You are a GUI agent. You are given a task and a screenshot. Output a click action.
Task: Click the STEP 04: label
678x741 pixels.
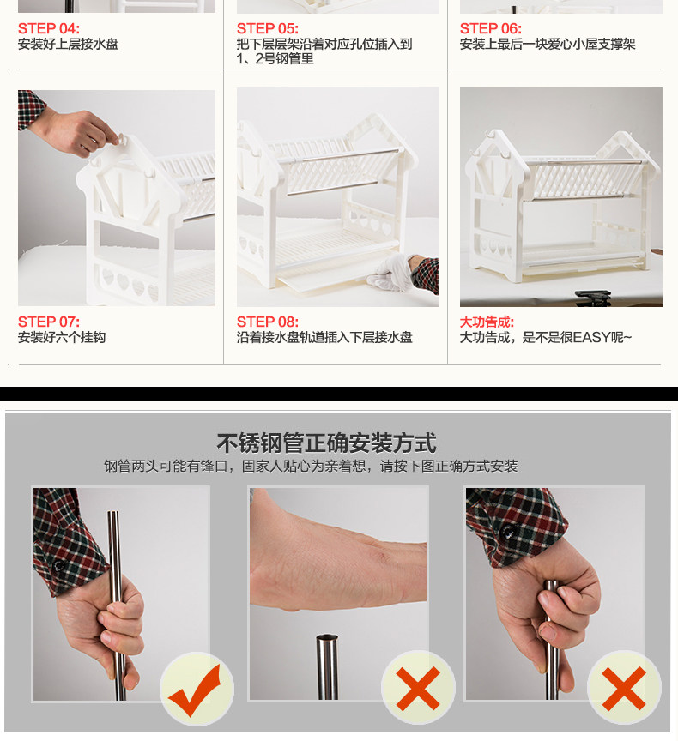49,29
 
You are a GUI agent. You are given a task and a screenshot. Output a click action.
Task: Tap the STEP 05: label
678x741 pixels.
268,29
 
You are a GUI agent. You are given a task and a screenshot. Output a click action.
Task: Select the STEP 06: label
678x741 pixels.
491,29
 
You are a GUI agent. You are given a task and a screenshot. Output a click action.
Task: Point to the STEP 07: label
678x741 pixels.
49,322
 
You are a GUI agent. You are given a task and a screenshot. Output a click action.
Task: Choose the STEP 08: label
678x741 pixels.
268,322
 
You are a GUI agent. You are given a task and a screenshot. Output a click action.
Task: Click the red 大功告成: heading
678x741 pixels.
487,322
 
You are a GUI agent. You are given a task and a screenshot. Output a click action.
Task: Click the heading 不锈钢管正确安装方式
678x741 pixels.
326,443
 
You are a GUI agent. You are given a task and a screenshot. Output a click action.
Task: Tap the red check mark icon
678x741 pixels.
195,690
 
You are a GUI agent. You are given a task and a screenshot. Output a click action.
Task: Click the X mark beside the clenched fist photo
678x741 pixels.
624,689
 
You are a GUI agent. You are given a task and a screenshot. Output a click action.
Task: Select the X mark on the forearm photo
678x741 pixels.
418,689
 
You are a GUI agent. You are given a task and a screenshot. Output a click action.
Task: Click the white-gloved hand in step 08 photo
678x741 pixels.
389,273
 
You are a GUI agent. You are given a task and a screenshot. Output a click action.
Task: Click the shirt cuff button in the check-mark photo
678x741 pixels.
58,565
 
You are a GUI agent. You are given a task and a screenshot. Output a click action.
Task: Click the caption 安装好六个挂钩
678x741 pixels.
62,337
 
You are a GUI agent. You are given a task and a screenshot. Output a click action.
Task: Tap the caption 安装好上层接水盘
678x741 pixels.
68,44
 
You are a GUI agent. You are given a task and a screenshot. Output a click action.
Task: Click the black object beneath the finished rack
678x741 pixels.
593,298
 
